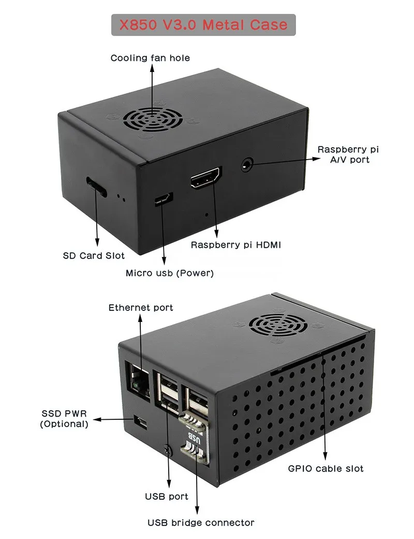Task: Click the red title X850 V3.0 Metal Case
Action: [203, 24]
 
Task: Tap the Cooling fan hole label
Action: [150, 58]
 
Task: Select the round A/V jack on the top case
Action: [247, 165]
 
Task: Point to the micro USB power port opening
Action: [164, 200]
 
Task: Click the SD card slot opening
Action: [97, 186]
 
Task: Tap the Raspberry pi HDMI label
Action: [235, 245]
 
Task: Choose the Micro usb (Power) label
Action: [170, 273]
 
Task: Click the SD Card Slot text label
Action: [94, 256]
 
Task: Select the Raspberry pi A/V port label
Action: [348, 154]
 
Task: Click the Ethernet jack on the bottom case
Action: [138, 380]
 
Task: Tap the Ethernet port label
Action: [141, 308]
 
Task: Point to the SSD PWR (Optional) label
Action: [64, 419]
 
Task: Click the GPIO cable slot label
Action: [326, 469]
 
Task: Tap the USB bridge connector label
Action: [201, 522]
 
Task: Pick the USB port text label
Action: [167, 497]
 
